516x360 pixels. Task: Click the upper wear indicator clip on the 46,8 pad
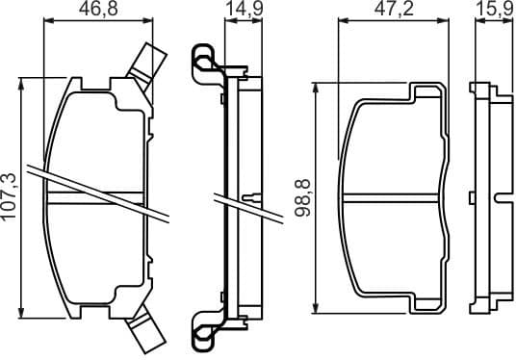146,62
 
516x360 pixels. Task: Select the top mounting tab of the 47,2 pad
428,93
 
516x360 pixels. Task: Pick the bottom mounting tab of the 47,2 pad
428,303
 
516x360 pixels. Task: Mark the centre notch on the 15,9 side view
497,196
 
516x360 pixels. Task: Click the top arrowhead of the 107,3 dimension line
22,85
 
